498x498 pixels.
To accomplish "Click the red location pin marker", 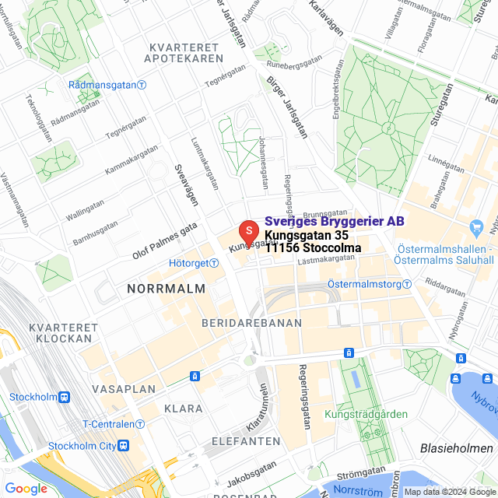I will [x=247, y=231].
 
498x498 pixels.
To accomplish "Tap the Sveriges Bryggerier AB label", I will [x=335, y=222].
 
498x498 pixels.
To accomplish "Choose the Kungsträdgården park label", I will [x=366, y=414].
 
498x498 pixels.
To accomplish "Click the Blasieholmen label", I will [x=456, y=449].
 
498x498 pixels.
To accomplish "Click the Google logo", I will [x=26, y=489].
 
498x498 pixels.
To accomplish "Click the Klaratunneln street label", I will [x=258, y=409].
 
